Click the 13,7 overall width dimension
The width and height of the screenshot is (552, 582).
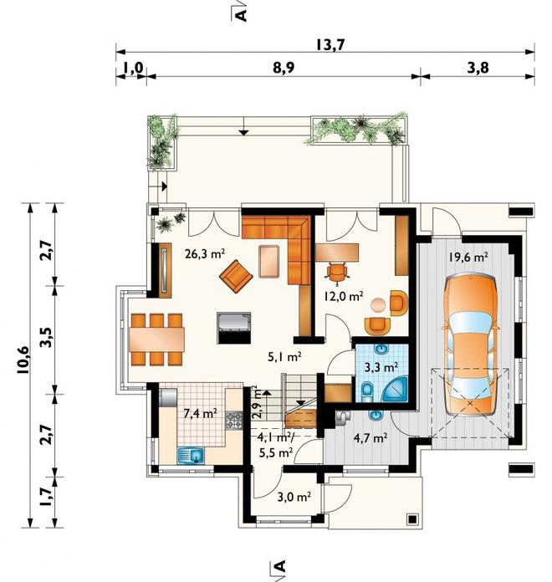[x=330, y=44]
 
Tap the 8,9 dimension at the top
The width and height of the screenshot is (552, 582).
[x=284, y=69]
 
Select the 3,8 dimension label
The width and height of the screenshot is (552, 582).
[x=478, y=69]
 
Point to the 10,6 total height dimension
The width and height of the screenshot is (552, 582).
[x=23, y=360]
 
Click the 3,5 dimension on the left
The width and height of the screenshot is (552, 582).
[x=47, y=337]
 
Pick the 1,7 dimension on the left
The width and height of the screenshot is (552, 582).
[x=47, y=497]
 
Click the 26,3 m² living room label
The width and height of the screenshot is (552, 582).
[x=205, y=254]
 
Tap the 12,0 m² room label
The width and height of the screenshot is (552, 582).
[x=343, y=296]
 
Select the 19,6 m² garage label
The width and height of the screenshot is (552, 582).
[x=468, y=257]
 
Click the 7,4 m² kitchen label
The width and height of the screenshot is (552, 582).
[x=201, y=413]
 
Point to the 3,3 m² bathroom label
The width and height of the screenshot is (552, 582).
[x=381, y=367]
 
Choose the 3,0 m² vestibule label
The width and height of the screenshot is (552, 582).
[x=294, y=497]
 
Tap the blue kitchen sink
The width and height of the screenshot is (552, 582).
[x=192, y=456]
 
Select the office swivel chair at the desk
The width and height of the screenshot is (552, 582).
[x=337, y=273]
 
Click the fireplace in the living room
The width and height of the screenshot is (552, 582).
[x=234, y=328]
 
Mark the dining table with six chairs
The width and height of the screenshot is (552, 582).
[x=156, y=339]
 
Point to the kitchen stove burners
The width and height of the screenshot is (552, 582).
[x=234, y=420]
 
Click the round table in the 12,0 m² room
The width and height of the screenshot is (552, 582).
[x=379, y=305]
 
